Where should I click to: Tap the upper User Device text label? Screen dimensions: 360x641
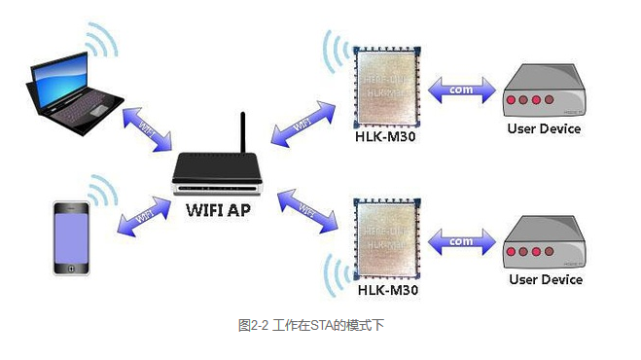545,128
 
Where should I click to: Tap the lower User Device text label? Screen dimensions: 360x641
545,280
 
